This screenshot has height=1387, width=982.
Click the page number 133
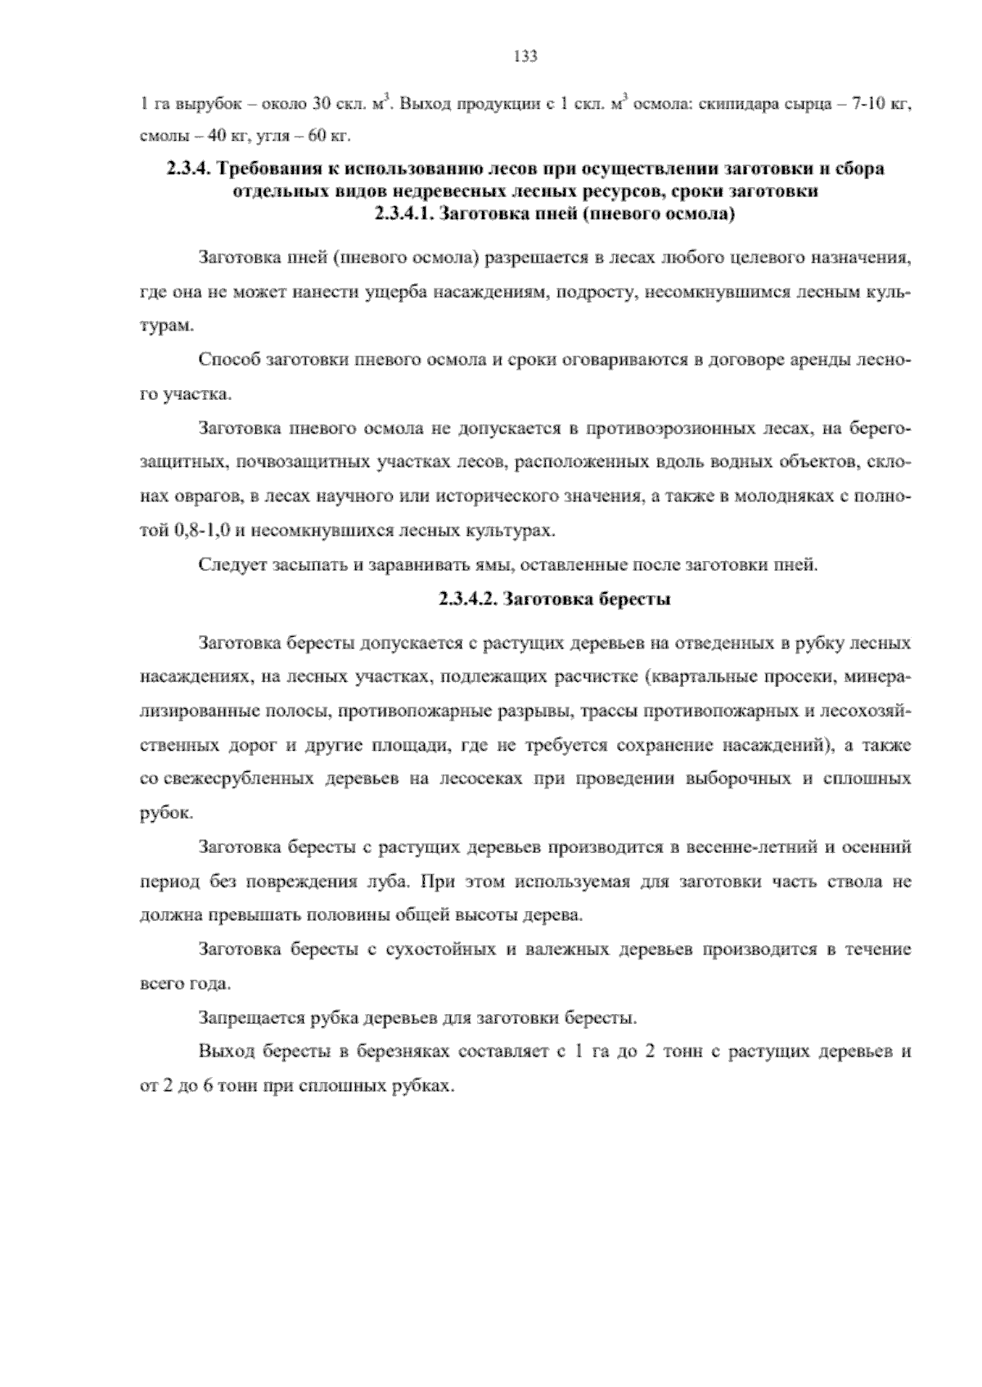tap(524, 56)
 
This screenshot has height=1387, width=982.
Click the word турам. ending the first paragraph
tap(167, 326)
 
